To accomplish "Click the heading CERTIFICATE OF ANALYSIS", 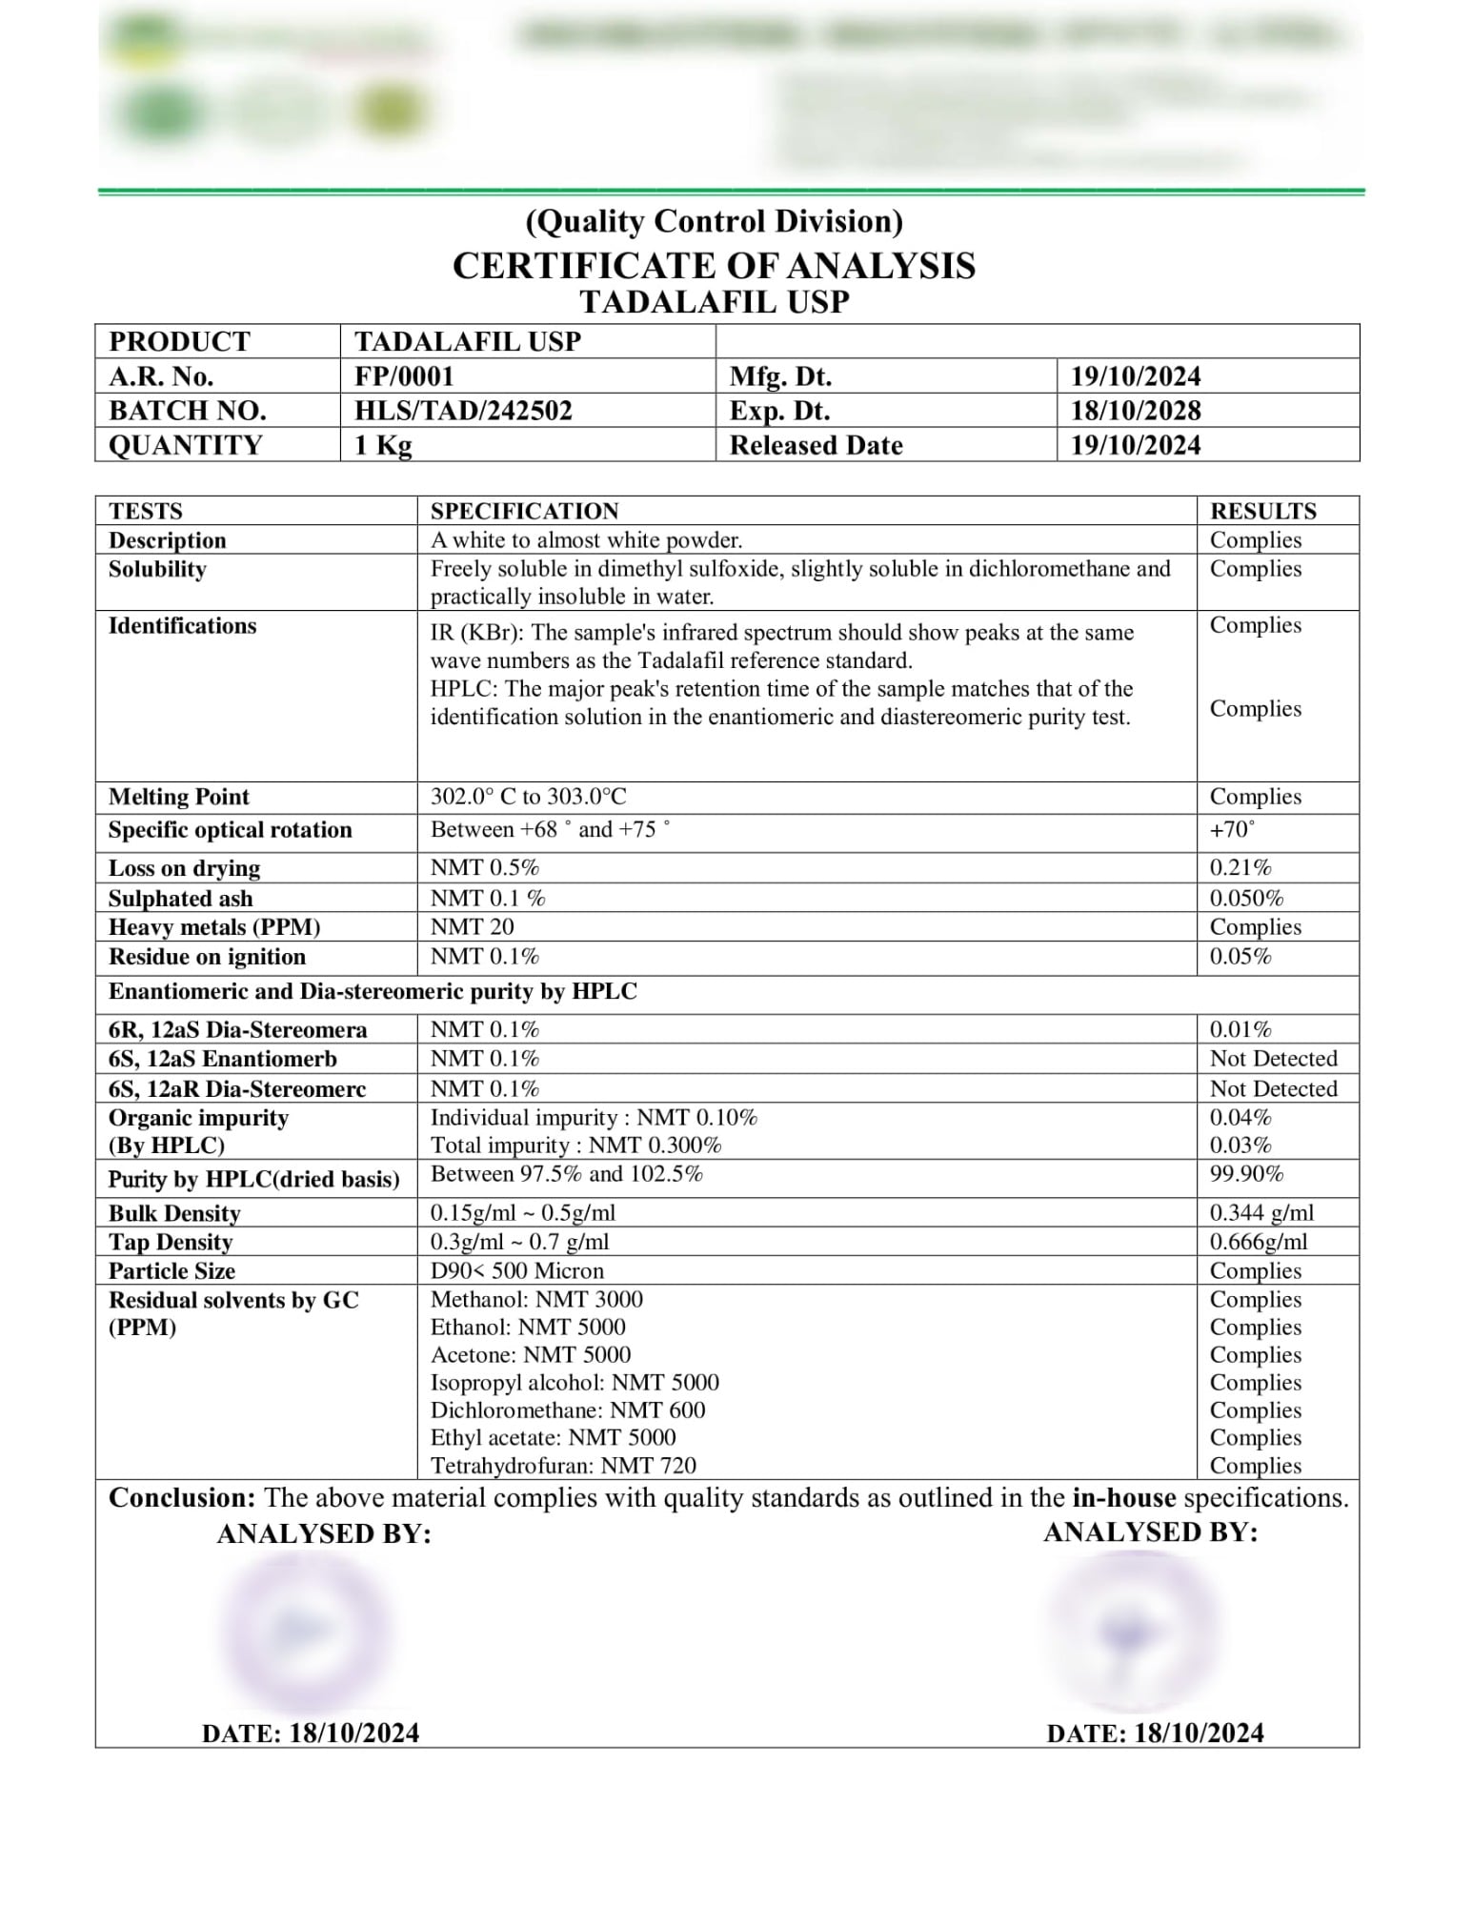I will (714, 266).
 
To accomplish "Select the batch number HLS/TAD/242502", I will (463, 411).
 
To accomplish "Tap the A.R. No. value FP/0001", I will (404, 376).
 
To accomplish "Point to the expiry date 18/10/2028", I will (1136, 411).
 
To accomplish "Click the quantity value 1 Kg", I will (383, 445).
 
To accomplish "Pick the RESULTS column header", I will (1262, 511).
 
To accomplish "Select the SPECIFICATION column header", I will (524, 511).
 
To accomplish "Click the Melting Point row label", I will (179, 797).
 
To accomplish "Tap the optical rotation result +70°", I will (1232, 829).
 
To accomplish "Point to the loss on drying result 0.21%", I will (1240, 867).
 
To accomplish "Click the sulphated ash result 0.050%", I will (1246, 898).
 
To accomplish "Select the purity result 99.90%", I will (1246, 1174).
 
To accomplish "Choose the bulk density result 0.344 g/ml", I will (1261, 1212).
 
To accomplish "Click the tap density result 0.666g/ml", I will (1259, 1242).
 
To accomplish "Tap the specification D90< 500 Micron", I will (516, 1270).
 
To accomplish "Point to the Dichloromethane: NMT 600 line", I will (568, 1409).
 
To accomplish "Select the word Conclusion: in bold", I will (182, 1497).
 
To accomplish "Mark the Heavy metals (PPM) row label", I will (214, 927).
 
